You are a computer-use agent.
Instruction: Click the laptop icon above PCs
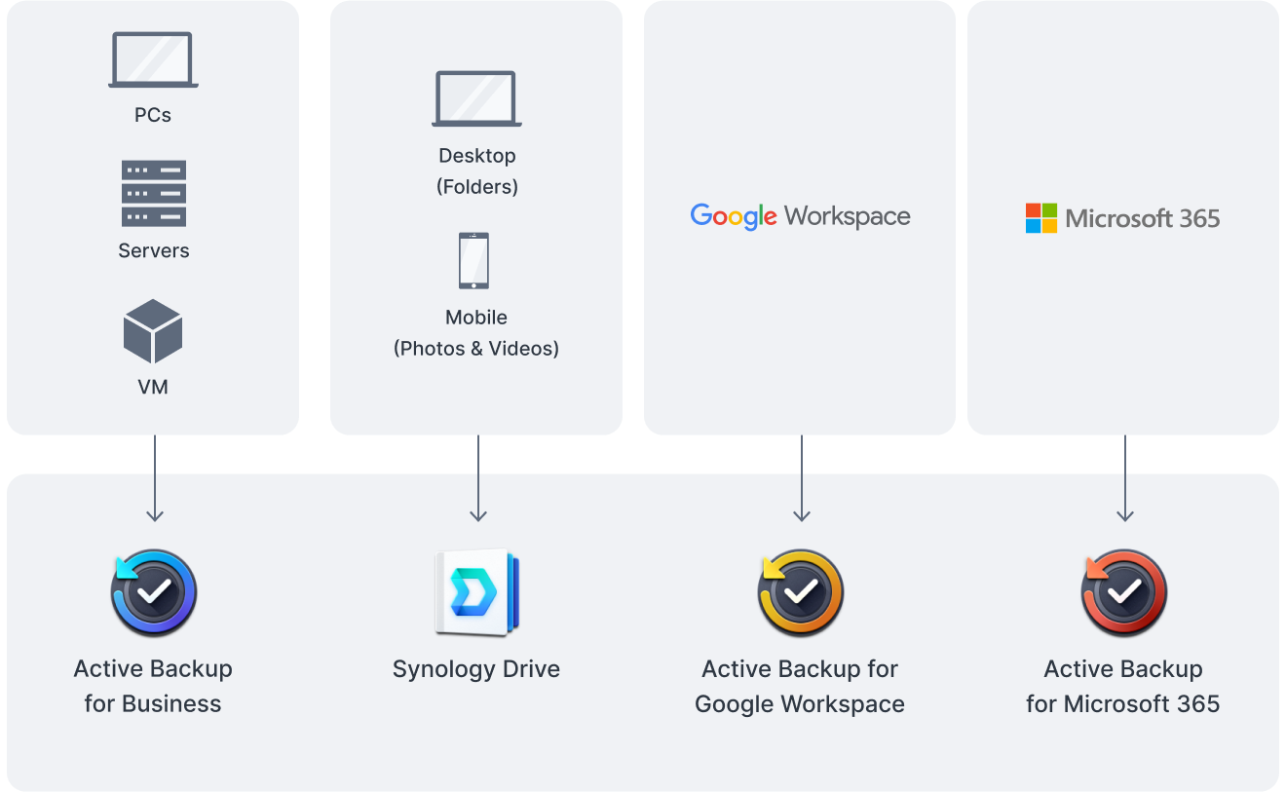click(x=153, y=59)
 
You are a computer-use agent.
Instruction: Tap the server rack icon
click(x=154, y=194)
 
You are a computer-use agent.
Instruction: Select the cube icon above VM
click(x=153, y=331)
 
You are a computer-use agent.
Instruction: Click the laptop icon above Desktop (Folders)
click(x=476, y=98)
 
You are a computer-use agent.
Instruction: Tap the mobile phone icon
click(x=473, y=260)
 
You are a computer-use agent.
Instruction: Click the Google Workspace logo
click(x=800, y=217)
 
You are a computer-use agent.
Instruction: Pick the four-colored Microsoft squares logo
click(x=1040, y=218)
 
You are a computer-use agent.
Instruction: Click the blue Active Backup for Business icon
click(x=153, y=593)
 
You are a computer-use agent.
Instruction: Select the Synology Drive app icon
click(x=476, y=593)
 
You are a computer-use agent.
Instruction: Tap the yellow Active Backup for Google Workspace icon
click(x=800, y=593)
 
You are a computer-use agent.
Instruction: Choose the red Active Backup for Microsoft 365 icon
click(x=1123, y=593)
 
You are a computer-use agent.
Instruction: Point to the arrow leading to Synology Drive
click(x=478, y=478)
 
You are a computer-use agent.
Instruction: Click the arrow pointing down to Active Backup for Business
click(x=155, y=478)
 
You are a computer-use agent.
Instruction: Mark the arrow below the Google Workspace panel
click(x=802, y=478)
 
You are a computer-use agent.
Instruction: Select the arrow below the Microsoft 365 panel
click(x=1125, y=478)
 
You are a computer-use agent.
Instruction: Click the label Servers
click(x=153, y=250)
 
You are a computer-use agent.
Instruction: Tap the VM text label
click(x=153, y=388)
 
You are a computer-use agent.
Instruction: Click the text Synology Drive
click(x=476, y=670)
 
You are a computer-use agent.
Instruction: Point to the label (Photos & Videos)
click(x=476, y=349)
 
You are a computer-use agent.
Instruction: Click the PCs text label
click(x=153, y=115)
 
